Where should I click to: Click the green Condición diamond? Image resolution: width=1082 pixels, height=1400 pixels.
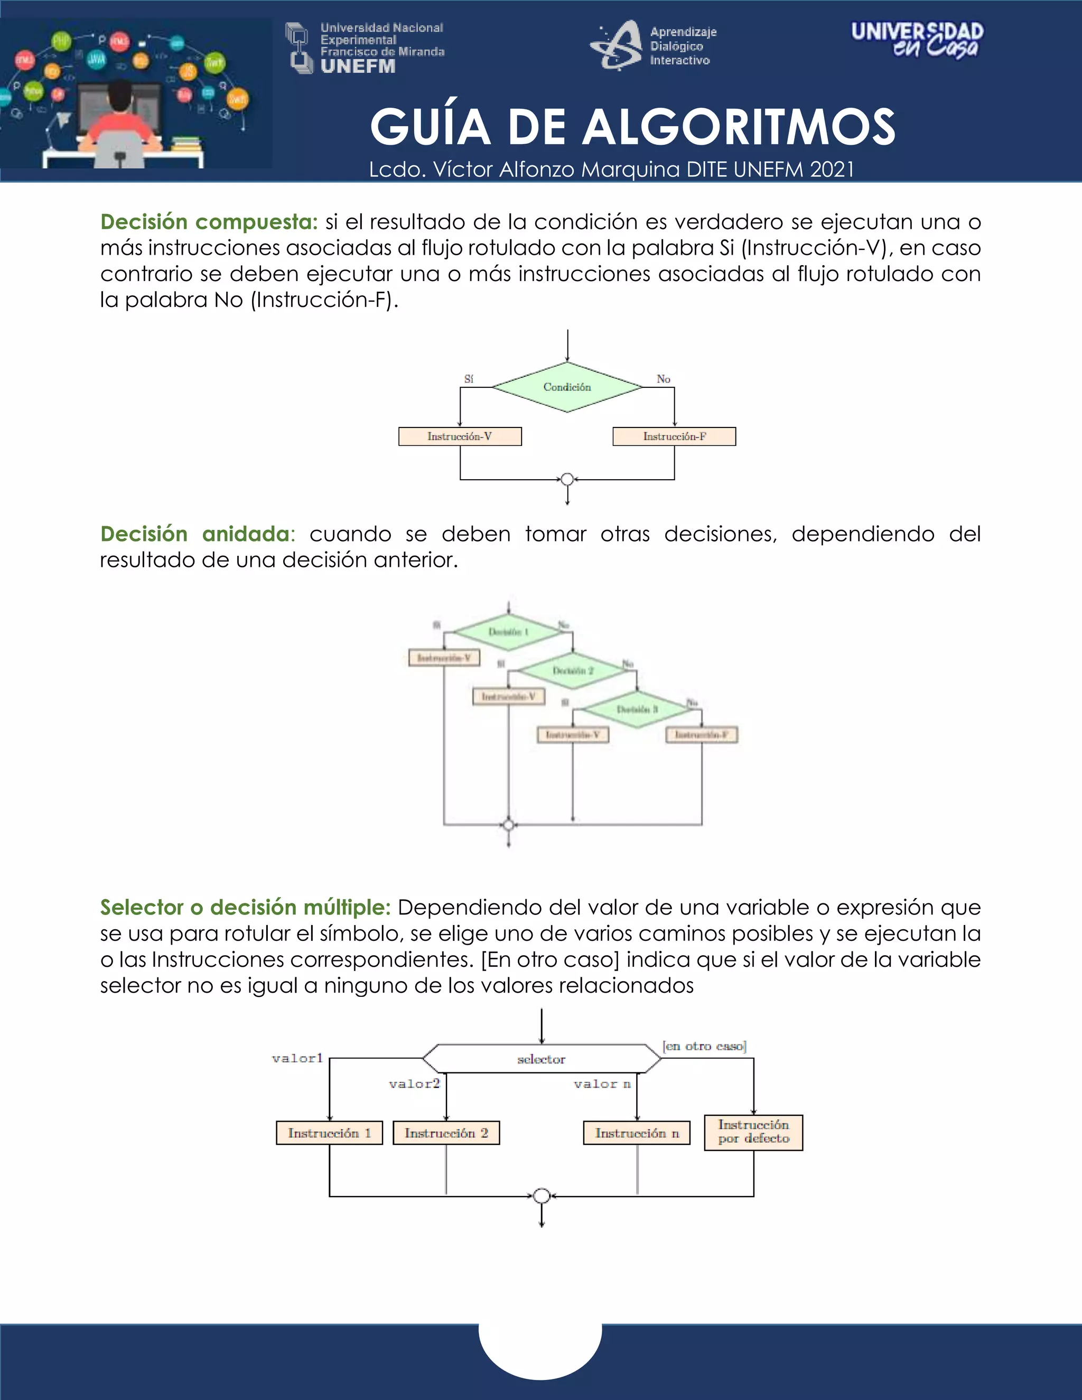(567, 387)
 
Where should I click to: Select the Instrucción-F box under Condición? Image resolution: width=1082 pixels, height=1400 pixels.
(674, 436)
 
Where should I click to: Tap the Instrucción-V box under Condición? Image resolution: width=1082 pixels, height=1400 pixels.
(460, 436)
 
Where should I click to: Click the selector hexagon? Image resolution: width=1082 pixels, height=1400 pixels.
(542, 1059)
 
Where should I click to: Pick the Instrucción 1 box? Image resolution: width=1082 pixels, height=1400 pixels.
(330, 1133)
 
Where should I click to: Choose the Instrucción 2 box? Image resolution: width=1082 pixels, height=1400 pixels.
(446, 1133)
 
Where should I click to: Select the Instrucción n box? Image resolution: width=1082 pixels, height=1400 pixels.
(637, 1133)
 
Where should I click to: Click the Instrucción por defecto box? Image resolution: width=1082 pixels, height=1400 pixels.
(753, 1132)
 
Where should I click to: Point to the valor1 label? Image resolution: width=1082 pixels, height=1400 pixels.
(297, 1058)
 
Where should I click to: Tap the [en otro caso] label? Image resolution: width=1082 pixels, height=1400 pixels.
(704, 1046)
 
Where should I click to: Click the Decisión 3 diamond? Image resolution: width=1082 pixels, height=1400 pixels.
(637, 709)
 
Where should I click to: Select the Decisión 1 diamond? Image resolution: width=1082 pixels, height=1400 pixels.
(508, 632)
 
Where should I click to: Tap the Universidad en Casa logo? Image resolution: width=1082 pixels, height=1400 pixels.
(917, 40)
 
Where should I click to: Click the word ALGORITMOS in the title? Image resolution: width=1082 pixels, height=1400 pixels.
(739, 127)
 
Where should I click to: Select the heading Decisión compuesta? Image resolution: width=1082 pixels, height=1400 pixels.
(209, 222)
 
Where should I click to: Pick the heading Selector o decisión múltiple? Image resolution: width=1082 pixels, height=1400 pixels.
(245, 907)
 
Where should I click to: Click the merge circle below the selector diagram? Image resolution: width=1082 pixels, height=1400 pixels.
(542, 1196)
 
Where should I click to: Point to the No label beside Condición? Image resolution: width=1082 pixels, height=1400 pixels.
(664, 379)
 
